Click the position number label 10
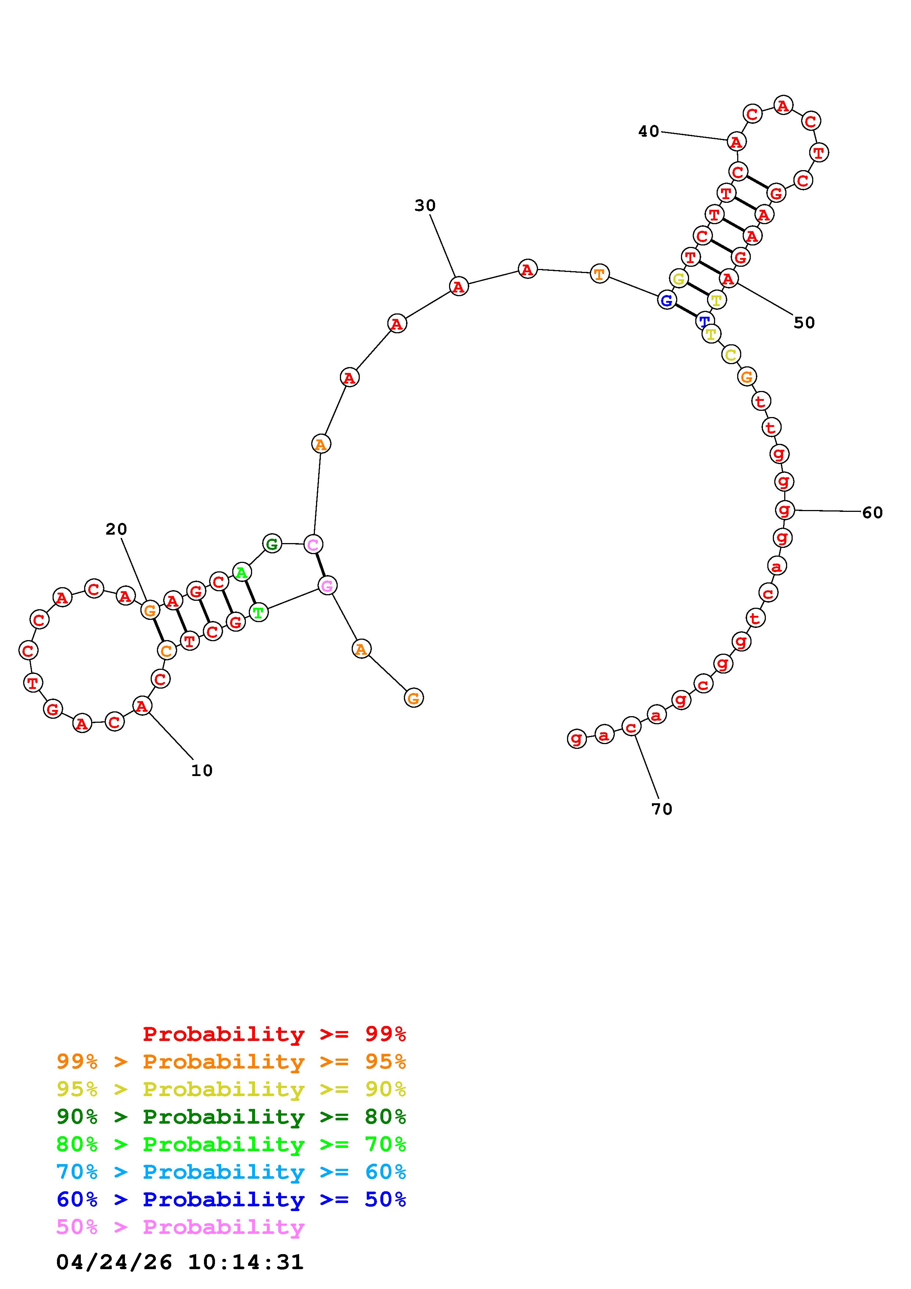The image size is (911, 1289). (x=202, y=771)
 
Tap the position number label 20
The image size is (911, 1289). (x=117, y=529)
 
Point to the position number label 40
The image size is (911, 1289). (x=649, y=132)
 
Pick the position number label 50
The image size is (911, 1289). (x=804, y=323)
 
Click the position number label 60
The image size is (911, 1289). (x=873, y=513)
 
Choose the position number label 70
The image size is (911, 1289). (x=662, y=809)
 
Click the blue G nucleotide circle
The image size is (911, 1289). (x=666, y=300)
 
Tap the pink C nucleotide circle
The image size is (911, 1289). (x=313, y=544)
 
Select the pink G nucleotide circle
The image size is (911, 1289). (x=327, y=586)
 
